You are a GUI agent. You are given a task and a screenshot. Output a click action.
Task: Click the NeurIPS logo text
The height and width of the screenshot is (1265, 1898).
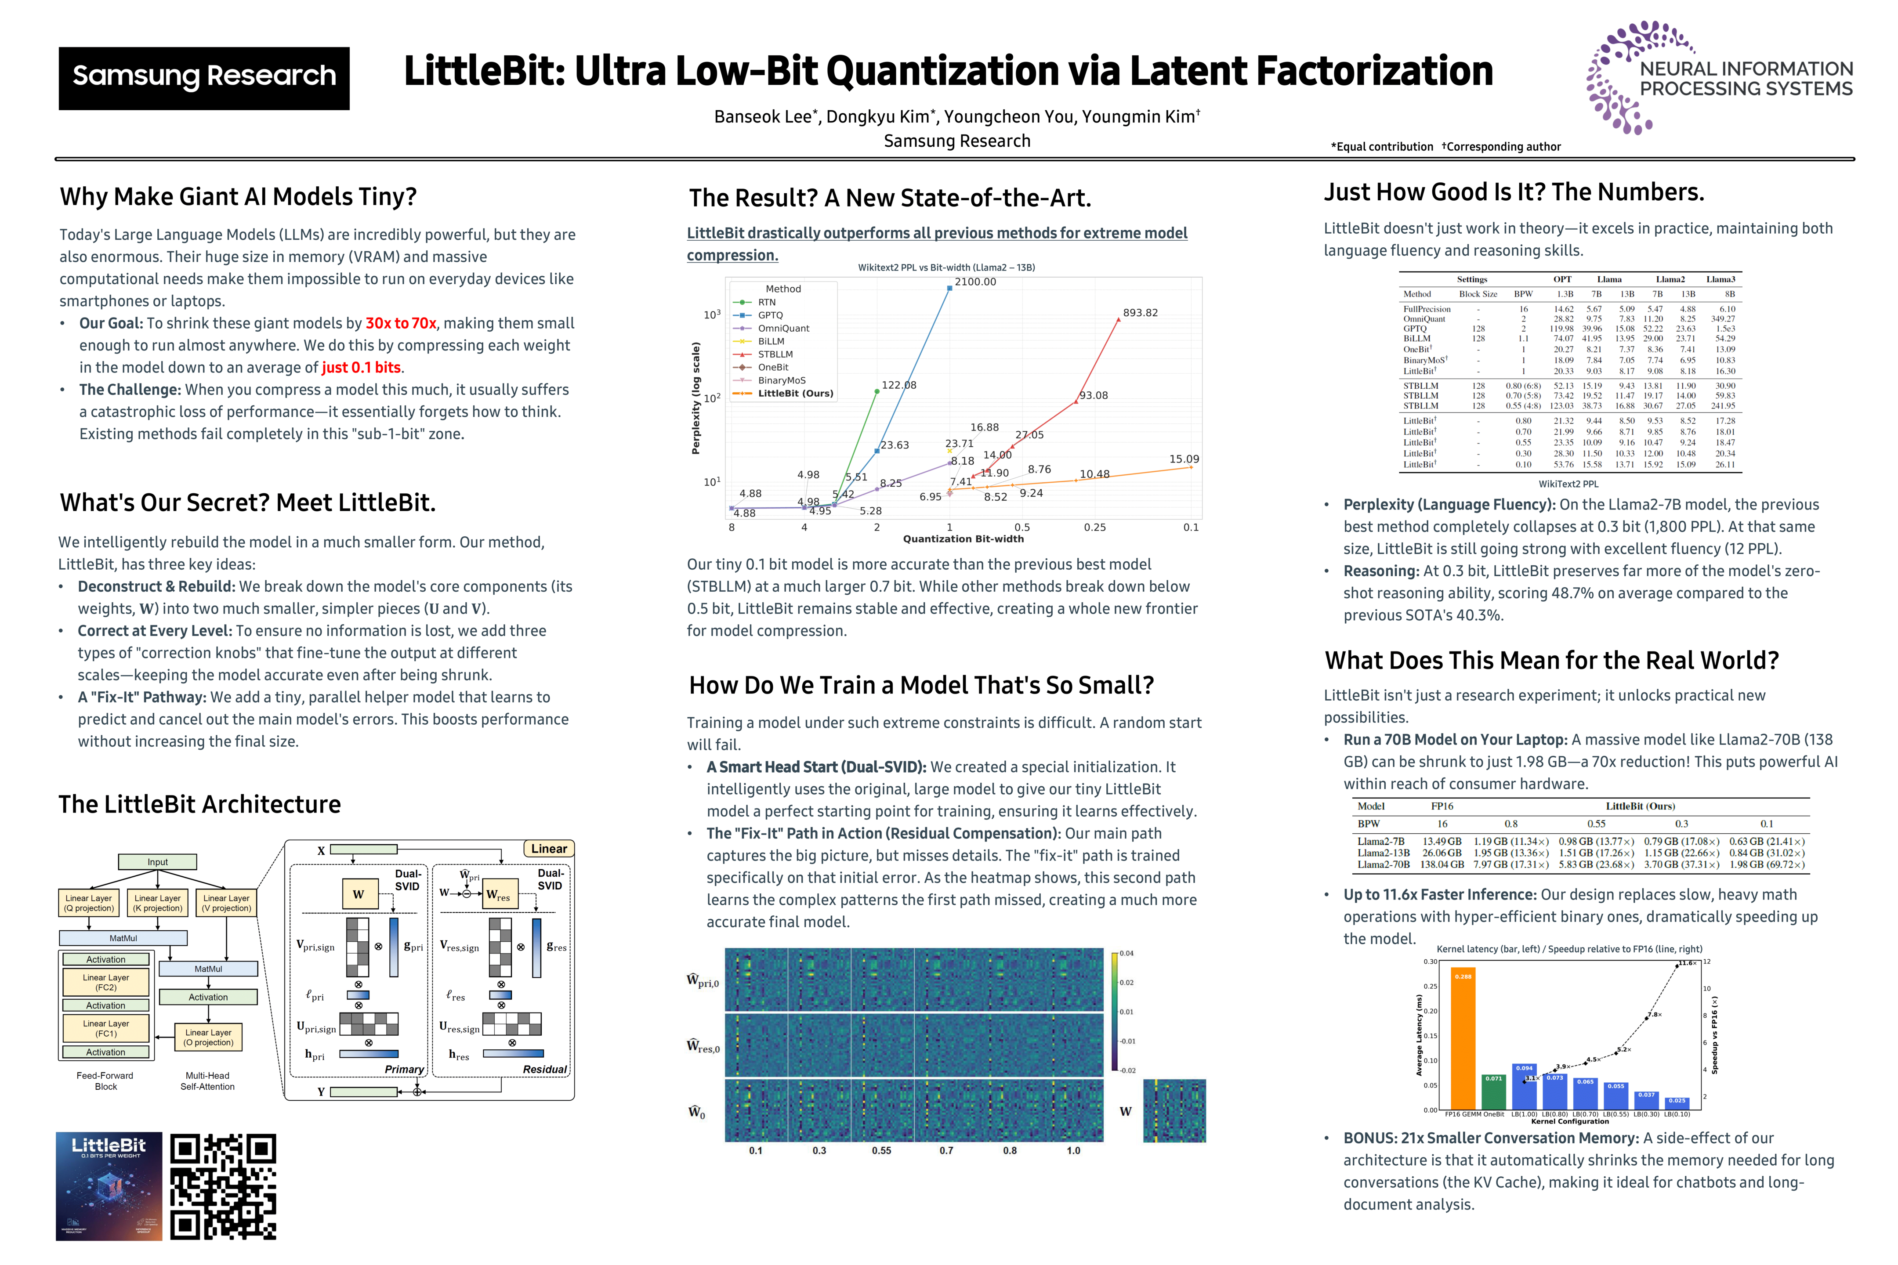click(x=1746, y=79)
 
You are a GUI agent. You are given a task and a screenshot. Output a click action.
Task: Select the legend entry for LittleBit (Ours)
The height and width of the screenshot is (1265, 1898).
click(x=795, y=394)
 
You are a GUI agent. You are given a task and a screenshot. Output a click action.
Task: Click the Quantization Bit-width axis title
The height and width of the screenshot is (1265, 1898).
click(x=963, y=539)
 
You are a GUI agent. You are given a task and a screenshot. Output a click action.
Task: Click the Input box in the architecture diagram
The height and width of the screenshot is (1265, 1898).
click(x=157, y=862)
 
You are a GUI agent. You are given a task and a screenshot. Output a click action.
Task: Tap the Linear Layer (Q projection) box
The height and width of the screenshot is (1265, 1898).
click(x=89, y=903)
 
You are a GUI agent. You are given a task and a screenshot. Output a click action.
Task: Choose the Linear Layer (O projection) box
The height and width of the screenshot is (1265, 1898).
click(x=208, y=1037)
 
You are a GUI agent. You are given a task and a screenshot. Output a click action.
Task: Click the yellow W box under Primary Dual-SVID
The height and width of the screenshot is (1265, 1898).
click(x=359, y=894)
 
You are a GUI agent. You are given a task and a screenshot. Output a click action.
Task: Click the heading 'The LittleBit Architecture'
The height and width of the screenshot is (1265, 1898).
click(x=199, y=804)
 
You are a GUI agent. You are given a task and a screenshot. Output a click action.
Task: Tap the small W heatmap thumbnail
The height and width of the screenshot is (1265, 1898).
click(x=1174, y=1111)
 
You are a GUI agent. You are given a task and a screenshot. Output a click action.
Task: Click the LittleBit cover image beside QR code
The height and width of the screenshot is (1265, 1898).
click(x=109, y=1186)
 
